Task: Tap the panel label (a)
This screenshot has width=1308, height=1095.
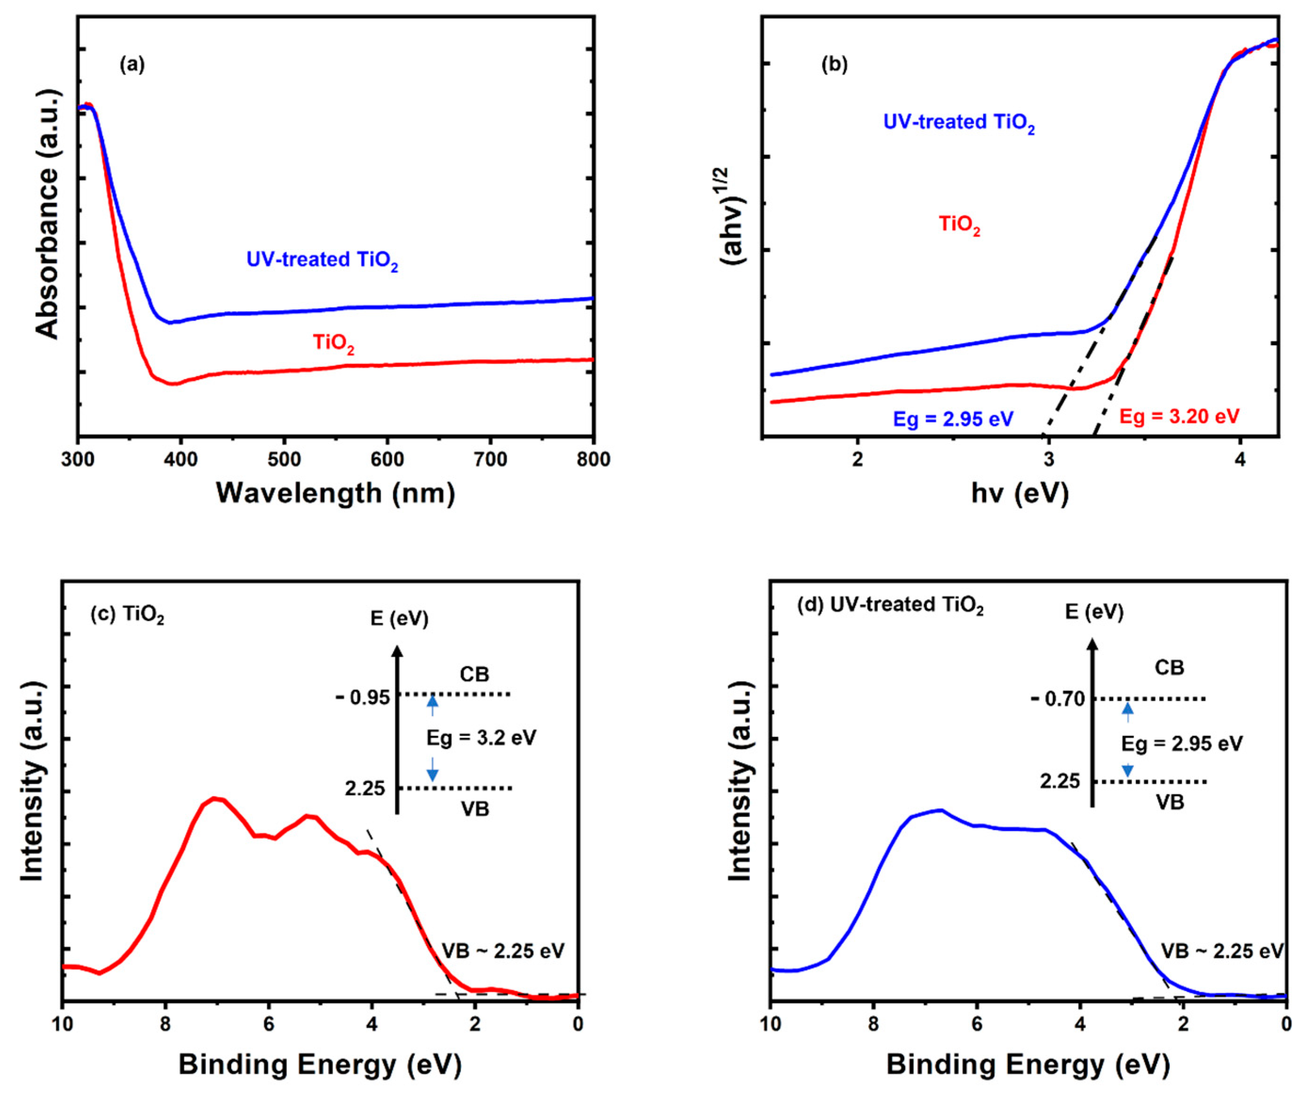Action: [x=132, y=65]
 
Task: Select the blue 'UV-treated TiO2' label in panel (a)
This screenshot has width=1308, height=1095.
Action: [x=322, y=260]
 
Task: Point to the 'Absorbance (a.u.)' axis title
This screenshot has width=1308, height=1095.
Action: [x=48, y=214]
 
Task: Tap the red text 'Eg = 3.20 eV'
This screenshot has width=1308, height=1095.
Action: [x=1179, y=416]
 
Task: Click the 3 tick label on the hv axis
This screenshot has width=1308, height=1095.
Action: [x=1049, y=460]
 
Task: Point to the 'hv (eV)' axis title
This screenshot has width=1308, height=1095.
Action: [x=1020, y=493]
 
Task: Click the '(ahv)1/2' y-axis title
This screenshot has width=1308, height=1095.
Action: [x=734, y=216]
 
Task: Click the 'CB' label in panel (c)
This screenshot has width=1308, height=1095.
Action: [x=475, y=674]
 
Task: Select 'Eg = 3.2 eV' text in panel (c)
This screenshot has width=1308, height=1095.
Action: [x=481, y=738]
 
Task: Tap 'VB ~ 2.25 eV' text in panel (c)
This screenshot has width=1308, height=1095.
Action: [x=503, y=951]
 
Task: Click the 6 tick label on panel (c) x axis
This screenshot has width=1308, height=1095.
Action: [x=269, y=1024]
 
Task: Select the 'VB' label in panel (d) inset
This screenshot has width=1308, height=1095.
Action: [x=1170, y=802]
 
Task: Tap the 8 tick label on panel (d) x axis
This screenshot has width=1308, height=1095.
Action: [x=874, y=1024]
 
